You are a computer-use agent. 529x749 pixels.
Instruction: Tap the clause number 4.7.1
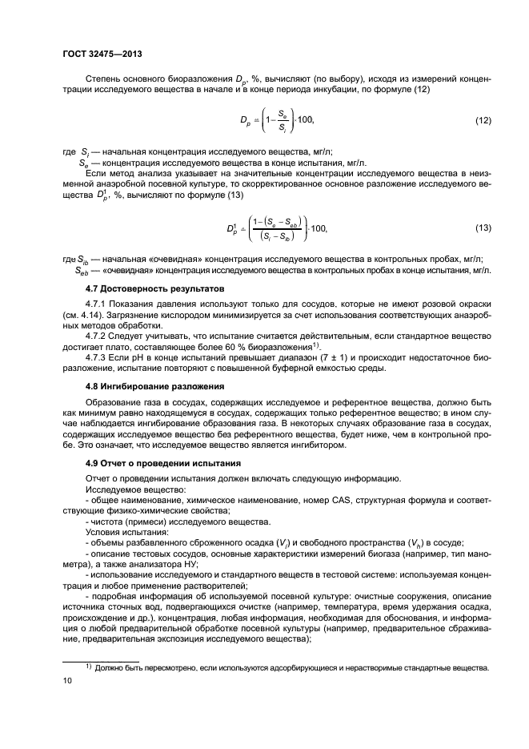tap(98, 304)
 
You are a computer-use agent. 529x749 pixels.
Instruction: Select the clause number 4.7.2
tap(98, 337)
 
